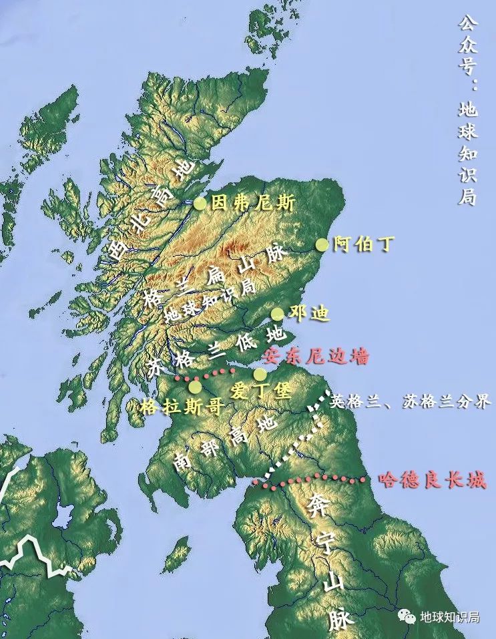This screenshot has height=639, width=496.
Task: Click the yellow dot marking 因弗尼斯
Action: [x=200, y=204]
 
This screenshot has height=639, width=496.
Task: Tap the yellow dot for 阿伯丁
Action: [x=322, y=244]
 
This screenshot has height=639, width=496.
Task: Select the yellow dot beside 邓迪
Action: [x=277, y=314]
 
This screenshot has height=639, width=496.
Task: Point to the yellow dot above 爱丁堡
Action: [x=259, y=374]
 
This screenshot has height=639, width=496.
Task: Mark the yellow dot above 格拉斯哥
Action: [x=195, y=387]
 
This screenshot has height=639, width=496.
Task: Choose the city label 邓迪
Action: [x=308, y=313]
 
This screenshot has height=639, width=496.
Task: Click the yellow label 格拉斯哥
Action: [x=182, y=406]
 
